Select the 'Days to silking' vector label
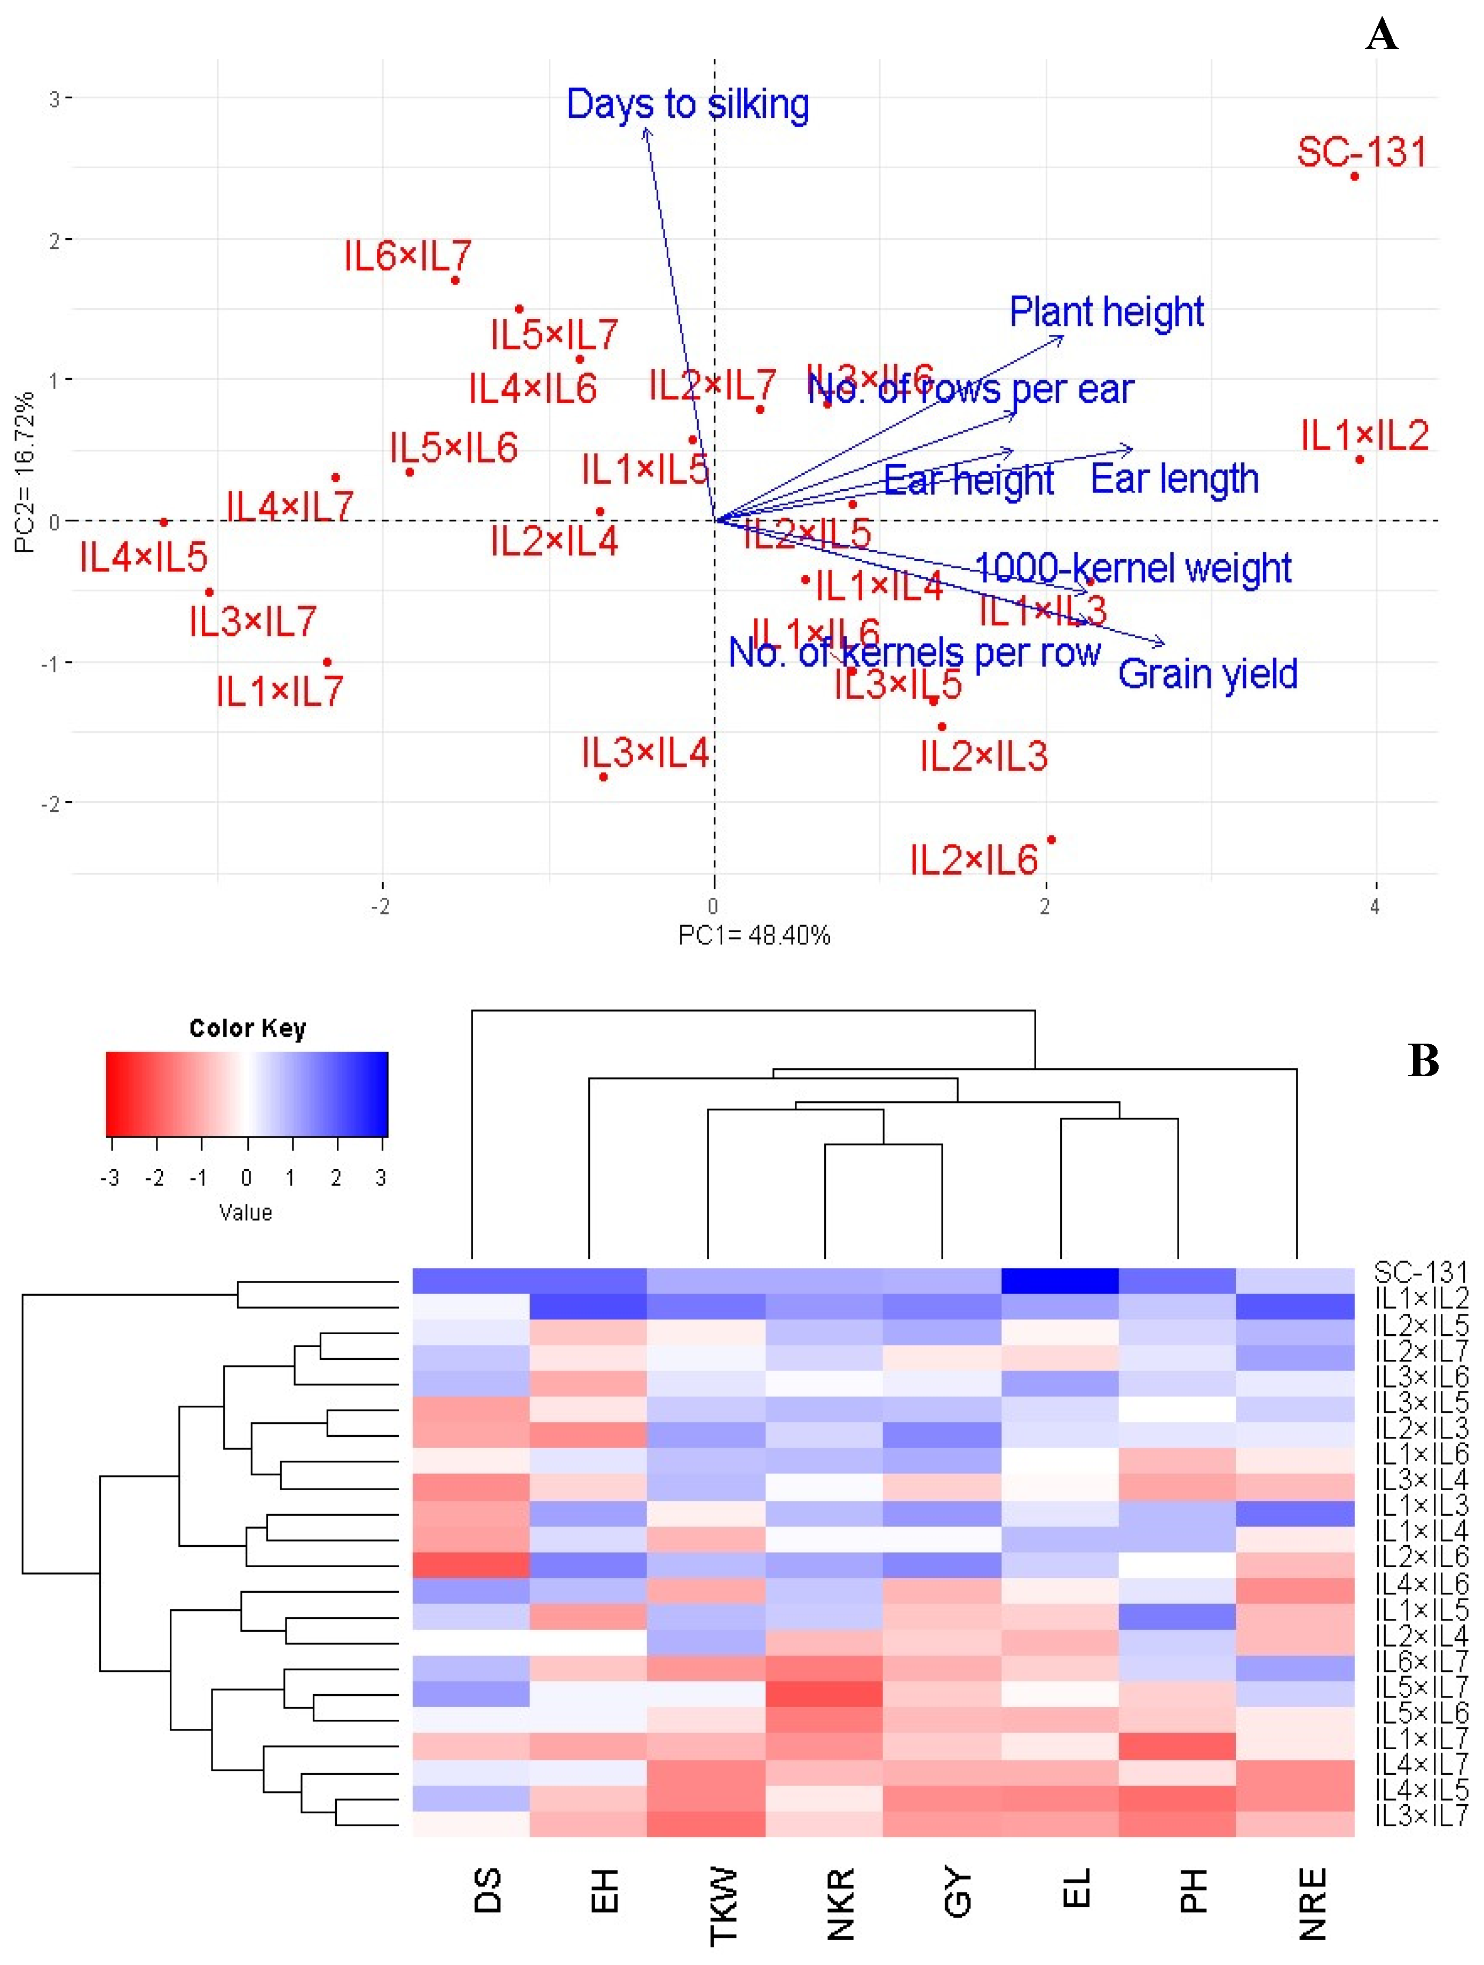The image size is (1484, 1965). (x=688, y=104)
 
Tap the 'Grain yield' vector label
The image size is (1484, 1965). (x=1207, y=674)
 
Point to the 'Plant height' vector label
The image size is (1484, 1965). (x=1107, y=312)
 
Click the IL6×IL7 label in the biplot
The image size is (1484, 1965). (x=408, y=257)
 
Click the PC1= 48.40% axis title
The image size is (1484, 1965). (x=754, y=935)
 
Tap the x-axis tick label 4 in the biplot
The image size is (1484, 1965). (x=1375, y=907)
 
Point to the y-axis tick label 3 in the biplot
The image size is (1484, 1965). (x=55, y=98)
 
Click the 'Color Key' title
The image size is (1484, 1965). (x=247, y=1029)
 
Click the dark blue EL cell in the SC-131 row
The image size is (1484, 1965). (x=1060, y=1281)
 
